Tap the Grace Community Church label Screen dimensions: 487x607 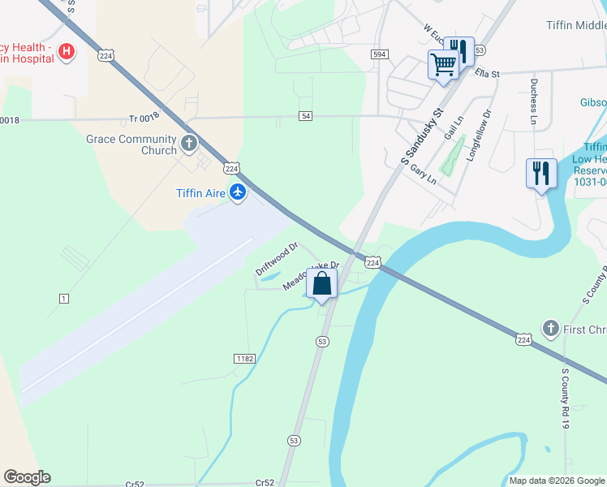click(x=131, y=144)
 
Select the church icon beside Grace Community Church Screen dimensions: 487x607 click(x=189, y=144)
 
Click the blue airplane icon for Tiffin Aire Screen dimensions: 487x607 click(x=237, y=192)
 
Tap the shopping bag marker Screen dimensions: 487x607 click(x=322, y=285)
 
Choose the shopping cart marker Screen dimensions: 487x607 click(x=444, y=64)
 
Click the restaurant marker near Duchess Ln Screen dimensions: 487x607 click(x=540, y=173)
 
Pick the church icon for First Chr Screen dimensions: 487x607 click(x=551, y=328)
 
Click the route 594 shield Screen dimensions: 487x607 click(x=379, y=54)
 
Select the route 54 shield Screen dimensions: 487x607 click(x=305, y=116)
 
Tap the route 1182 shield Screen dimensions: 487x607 click(x=244, y=359)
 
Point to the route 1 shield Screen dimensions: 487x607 click(x=64, y=299)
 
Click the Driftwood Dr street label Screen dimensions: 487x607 click(x=278, y=258)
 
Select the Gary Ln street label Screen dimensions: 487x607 click(x=424, y=175)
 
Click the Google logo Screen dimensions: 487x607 click(x=27, y=477)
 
